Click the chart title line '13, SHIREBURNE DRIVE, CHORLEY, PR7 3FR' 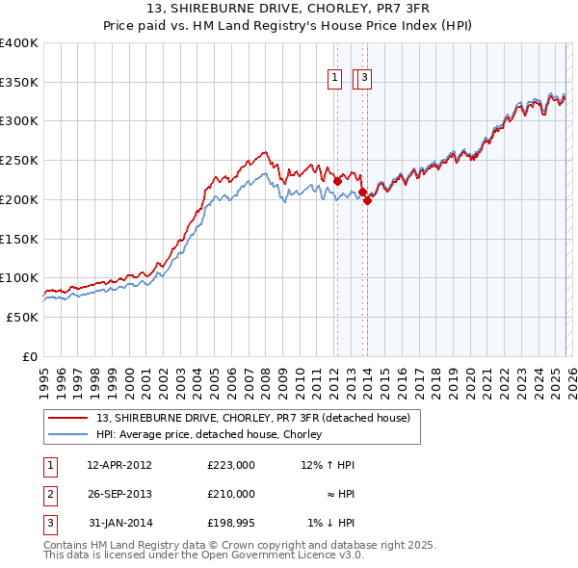pyautogui.click(x=288, y=8)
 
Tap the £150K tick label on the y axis pyautogui.click(x=19, y=238)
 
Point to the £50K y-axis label pyautogui.click(x=22, y=317)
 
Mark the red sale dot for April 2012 pyautogui.click(x=337, y=181)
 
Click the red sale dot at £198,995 pyautogui.click(x=368, y=200)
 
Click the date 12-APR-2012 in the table pyautogui.click(x=119, y=465)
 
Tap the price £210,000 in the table pyautogui.click(x=231, y=494)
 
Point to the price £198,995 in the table pyautogui.click(x=231, y=523)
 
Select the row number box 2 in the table pyautogui.click(x=48, y=494)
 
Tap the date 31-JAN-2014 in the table pyautogui.click(x=119, y=523)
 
